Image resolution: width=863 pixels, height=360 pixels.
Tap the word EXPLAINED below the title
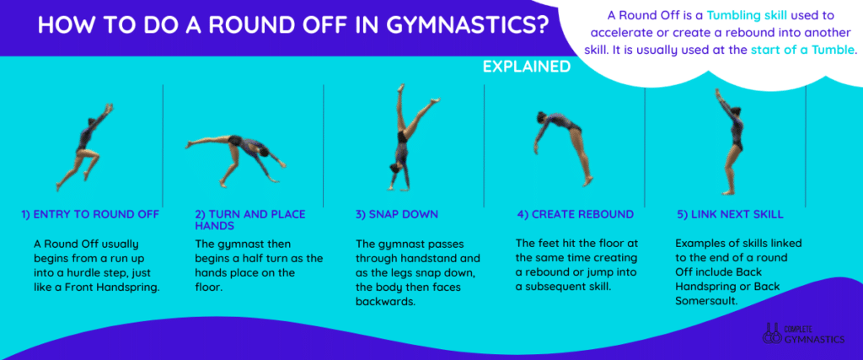(x=526, y=67)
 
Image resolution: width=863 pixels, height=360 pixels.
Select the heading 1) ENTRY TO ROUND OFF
(x=90, y=215)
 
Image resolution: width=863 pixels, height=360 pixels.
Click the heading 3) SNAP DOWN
(x=397, y=215)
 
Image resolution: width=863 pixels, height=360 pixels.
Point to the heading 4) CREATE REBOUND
(x=575, y=215)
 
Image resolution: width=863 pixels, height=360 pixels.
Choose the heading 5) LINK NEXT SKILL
(x=730, y=215)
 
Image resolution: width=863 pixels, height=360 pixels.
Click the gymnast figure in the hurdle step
(x=84, y=147)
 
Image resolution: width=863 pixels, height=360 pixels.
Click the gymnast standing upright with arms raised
(x=730, y=142)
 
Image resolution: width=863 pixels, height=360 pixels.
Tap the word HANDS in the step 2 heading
(x=213, y=226)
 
